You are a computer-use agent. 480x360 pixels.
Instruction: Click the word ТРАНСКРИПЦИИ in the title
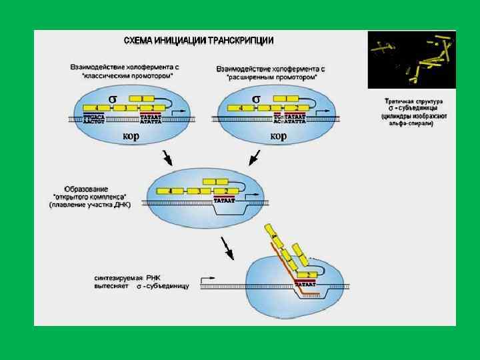(x=241, y=41)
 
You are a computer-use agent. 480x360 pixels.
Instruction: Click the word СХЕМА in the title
(x=138, y=41)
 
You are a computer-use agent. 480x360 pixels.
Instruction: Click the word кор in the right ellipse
(x=278, y=137)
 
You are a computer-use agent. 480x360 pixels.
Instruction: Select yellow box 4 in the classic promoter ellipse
(x=97, y=107)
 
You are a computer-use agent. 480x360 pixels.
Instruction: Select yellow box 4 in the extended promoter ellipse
(x=240, y=107)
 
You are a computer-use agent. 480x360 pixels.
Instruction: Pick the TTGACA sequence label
(x=94, y=117)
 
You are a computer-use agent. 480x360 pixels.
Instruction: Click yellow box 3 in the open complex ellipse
(x=198, y=191)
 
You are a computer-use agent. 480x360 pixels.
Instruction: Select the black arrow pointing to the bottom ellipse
(x=229, y=251)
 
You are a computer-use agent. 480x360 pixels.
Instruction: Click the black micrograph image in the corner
(x=411, y=60)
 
